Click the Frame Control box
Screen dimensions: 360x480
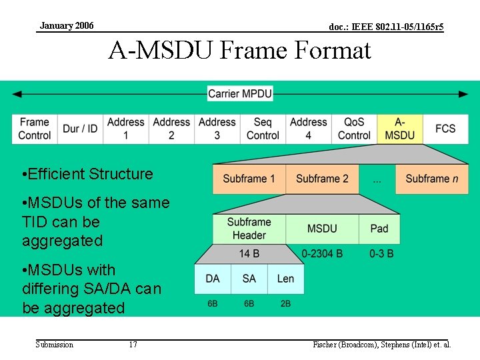tap(35, 129)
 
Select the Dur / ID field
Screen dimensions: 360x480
tap(80, 129)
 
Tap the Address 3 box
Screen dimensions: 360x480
tap(217, 129)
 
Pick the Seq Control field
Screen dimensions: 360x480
tap(263, 129)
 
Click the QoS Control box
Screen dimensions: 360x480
tap(354, 129)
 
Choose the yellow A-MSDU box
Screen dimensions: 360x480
tap(399, 129)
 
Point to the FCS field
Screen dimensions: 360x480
tap(445, 129)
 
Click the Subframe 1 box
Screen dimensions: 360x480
tap(249, 179)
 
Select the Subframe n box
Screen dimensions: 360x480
tap(431, 179)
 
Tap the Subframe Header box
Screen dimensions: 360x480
tap(249, 229)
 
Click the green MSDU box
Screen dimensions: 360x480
tap(322, 229)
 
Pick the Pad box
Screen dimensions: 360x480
tap(379, 229)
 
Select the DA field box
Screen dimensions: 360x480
tap(213, 279)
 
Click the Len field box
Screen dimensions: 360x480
tap(285, 279)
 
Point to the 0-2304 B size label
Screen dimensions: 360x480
tap(322, 254)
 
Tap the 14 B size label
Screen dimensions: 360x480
tap(249, 254)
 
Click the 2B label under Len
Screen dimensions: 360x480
tap(285, 303)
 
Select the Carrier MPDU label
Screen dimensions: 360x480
tap(240, 94)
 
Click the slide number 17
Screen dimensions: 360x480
tap(133, 345)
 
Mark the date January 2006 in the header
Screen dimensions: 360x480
tap(67, 26)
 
